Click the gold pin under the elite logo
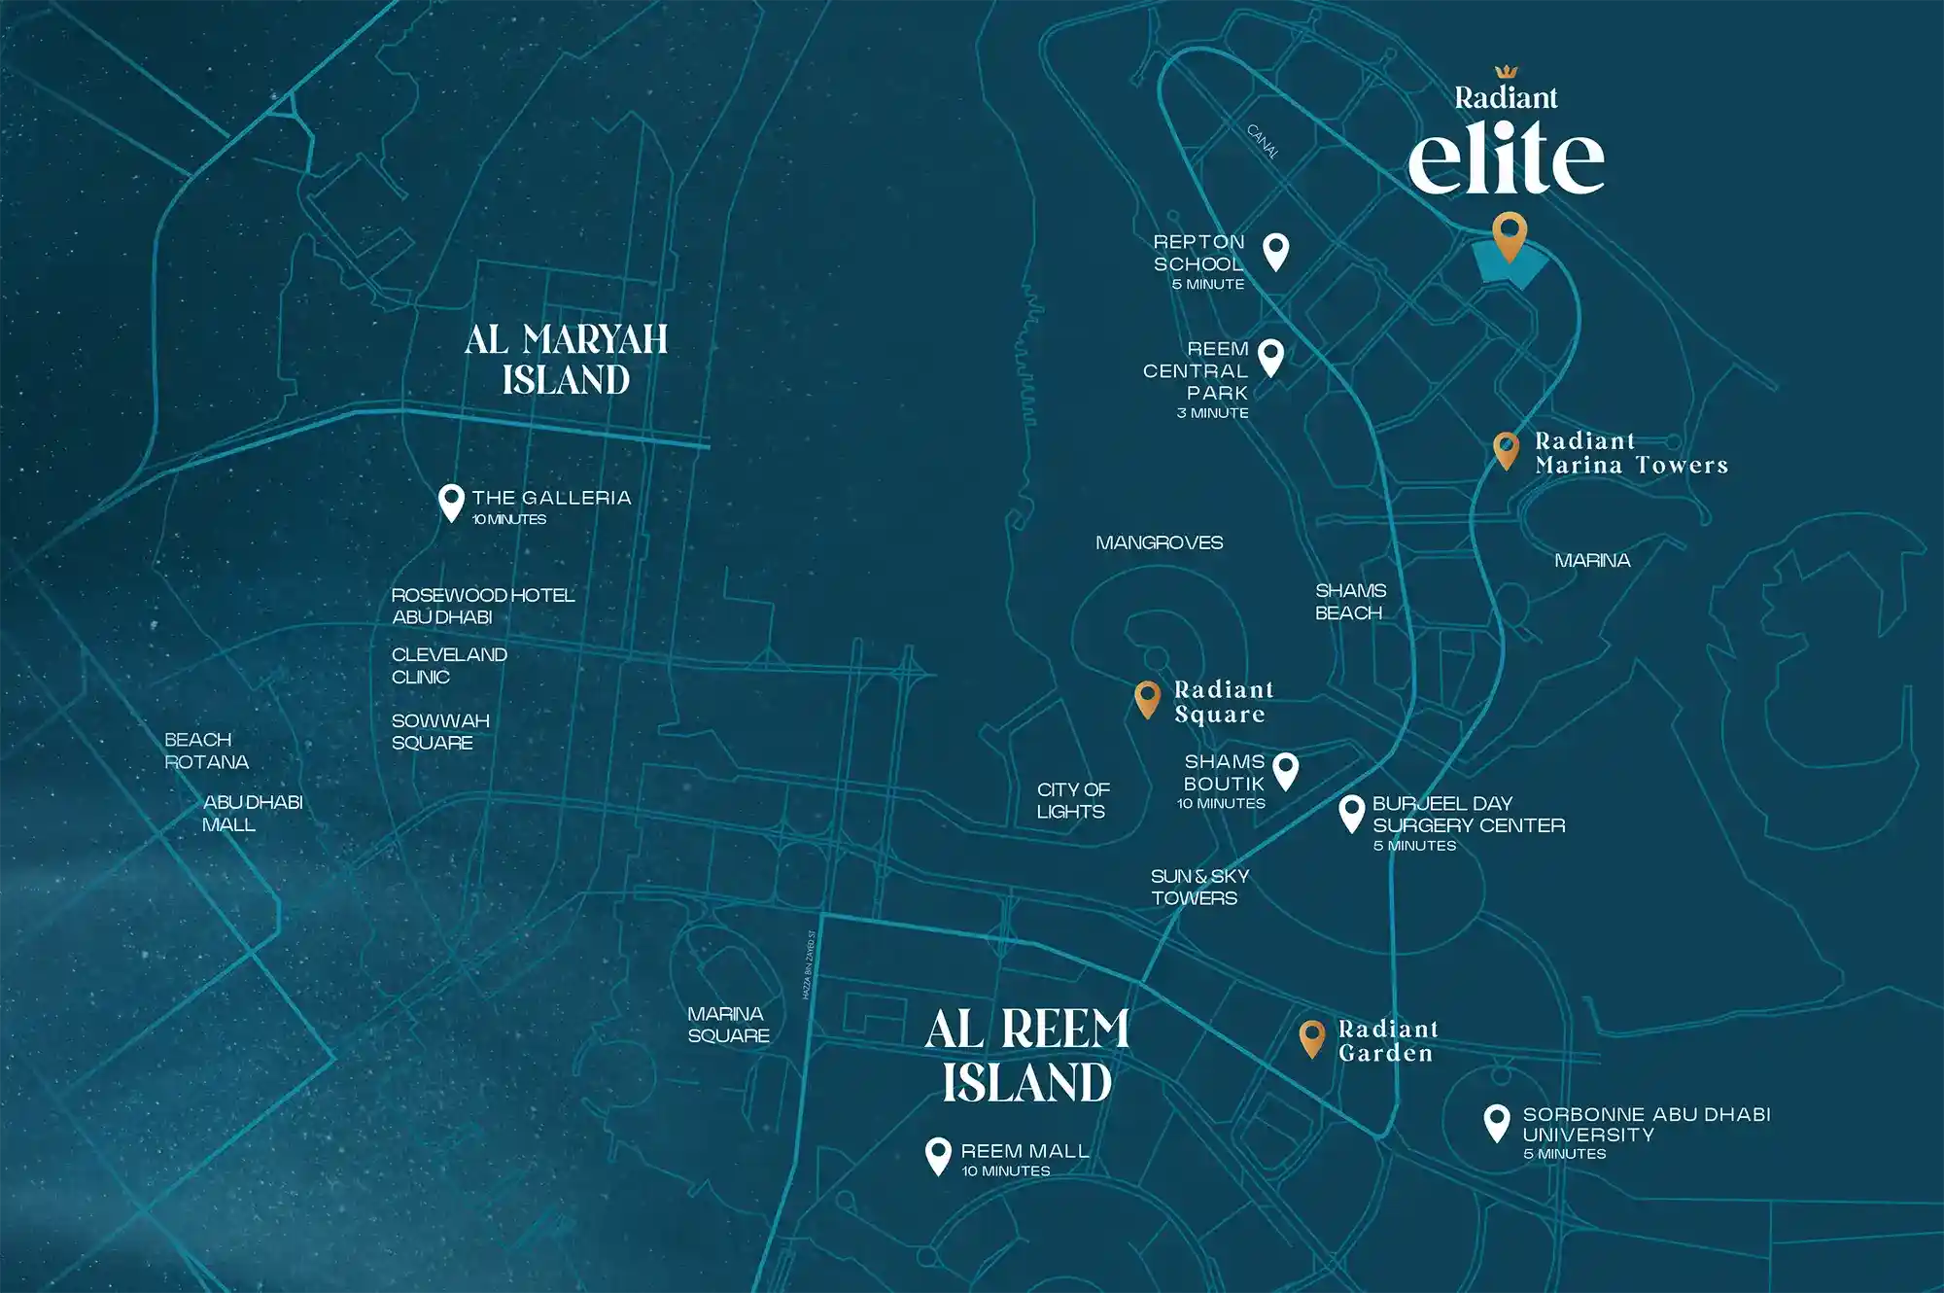point(1509,233)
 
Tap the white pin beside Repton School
point(1275,250)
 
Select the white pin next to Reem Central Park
point(1270,356)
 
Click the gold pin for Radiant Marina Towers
point(1506,449)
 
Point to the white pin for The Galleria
point(451,502)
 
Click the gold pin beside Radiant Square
point(1147,698)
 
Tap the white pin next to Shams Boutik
point(1285,770)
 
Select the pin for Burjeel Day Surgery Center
point(1351,812)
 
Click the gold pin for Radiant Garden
point(1311,1037)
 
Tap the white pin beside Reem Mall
point(938,1155)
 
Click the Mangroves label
point(1159,542)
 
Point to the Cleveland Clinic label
point(448,666)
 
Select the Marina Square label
point(728,1025)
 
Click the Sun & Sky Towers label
point(1198,887)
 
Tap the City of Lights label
point(1072,800)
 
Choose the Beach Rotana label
point(206,751)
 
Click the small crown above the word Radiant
point(1506,72)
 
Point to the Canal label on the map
point(1263,142)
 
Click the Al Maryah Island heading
point(566,360)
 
